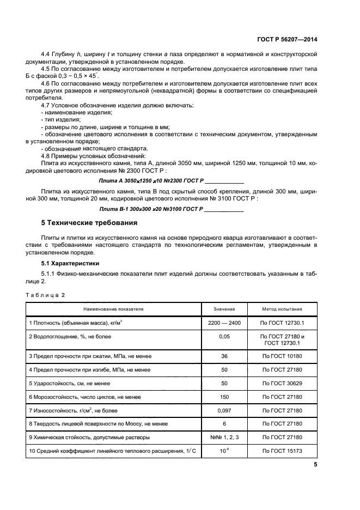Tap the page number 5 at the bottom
[x=315, y=465]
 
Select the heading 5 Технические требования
[x=89, y=223]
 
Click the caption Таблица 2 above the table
[x=45, y=295]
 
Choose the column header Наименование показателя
[x=113, y=308]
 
